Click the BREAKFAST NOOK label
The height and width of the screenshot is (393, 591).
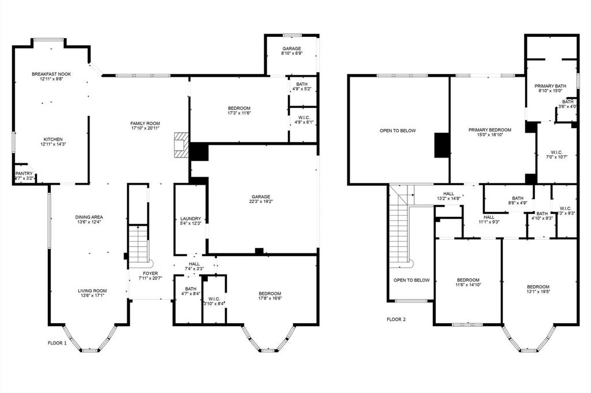click(51, 74)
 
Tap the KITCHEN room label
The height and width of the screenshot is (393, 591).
click(51, 139)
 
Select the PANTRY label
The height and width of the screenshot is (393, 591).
click(24, 173)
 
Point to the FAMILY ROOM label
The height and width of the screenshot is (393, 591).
click(145, 123)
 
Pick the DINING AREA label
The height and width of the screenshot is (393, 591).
click(89, 217)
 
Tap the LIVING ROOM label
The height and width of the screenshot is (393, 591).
click(92, 291)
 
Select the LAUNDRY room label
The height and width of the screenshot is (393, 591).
click(190, 219)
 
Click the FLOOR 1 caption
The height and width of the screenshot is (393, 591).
click(57, 343)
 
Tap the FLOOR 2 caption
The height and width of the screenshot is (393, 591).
click(397, 319)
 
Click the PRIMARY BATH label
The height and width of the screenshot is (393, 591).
click(550, 85)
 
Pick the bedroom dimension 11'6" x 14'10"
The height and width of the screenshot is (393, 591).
click(468, 285)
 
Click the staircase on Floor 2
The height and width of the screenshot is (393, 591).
click(399, 228)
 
